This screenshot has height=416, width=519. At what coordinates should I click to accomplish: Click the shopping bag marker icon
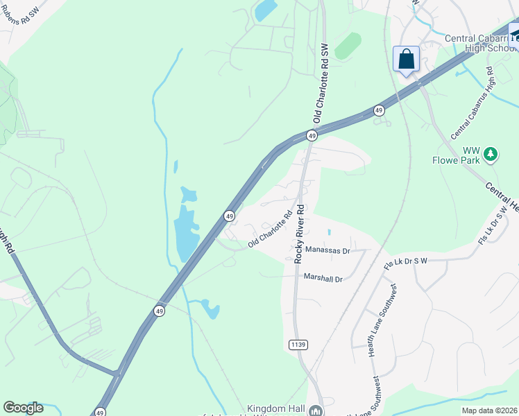(x=406, y=59)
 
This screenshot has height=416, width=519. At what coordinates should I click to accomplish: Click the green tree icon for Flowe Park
(x=491, y=153)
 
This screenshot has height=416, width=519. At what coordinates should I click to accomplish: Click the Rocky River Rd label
(x=300, y=234)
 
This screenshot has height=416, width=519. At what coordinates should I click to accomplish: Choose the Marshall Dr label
(x=323, y=278)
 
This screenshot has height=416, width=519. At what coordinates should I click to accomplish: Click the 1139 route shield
(x=297, y=345)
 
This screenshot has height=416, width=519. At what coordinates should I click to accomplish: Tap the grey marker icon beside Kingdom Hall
(x=316, y=410)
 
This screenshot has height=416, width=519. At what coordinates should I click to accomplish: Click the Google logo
(x=23, y=408)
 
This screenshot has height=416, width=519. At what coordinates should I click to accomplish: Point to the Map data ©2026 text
(x=488, y=410)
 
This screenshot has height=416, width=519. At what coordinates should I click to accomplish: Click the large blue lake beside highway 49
(x=185, y=229)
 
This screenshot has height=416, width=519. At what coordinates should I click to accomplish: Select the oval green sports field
(x=348, y=46)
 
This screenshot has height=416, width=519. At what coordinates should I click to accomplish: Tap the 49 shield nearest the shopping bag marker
(x=378, y=110)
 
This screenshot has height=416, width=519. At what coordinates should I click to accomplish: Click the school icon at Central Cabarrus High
(x=514, y=35)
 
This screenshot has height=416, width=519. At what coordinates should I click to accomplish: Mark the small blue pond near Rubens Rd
(x=265, y=10)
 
